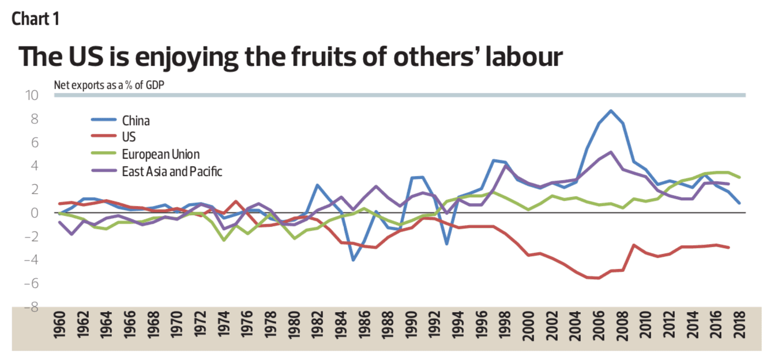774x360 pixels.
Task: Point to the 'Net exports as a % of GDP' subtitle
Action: [107, 85]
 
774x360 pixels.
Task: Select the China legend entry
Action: [136, 121]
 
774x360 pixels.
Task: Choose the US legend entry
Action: [129, 137]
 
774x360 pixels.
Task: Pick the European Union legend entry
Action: [160, 154]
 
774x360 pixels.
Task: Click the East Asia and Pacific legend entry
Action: [172, 171]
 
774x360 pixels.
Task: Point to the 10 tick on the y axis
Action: [31, 95]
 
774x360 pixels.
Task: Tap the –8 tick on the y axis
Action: [31, 307]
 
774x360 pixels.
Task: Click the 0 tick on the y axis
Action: [36, 213]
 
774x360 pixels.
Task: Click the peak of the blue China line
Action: [611, 111]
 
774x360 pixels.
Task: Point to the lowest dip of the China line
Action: [353, 260]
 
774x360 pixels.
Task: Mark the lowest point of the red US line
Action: [599, 278]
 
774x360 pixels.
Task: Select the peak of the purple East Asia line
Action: [611, 152]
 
